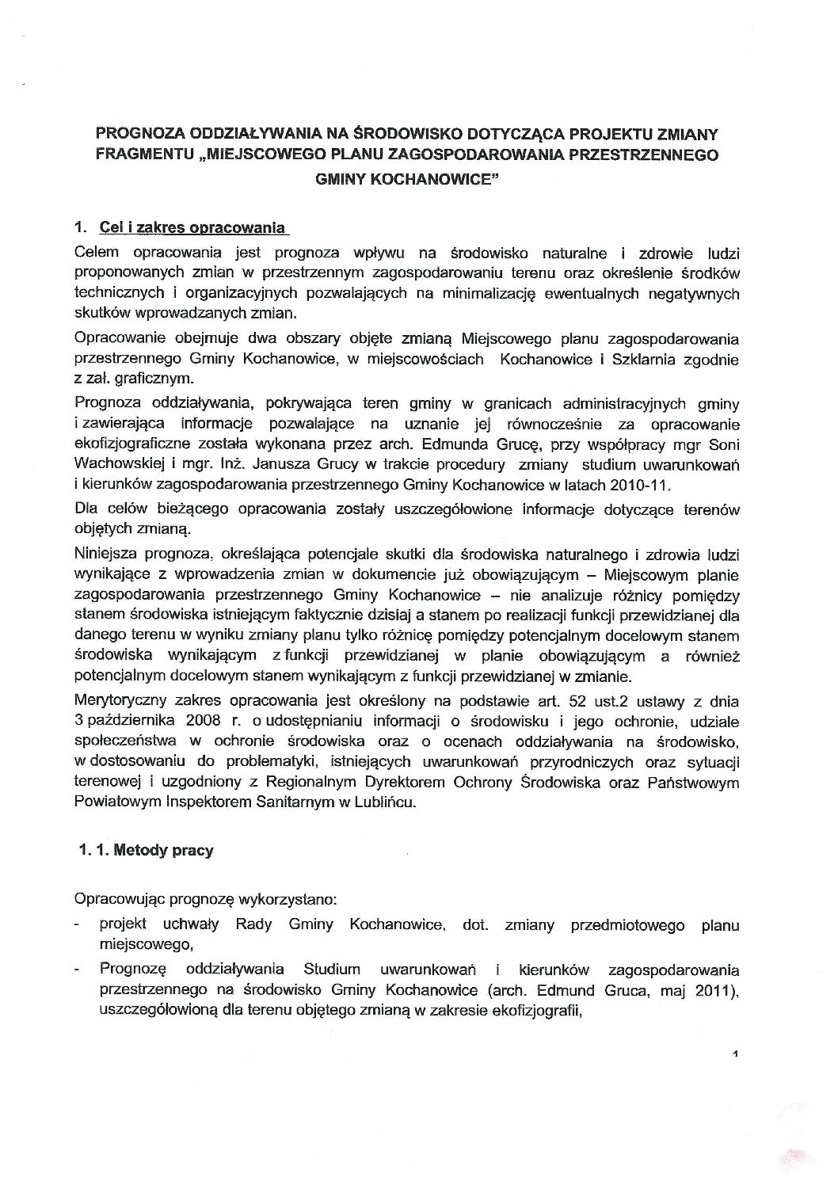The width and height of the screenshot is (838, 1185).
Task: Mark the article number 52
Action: (x=557, y=701)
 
